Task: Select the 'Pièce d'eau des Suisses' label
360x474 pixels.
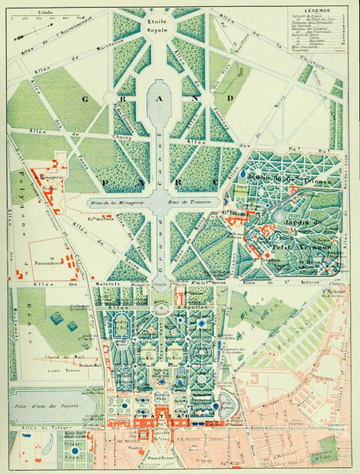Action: pyautogui.click(x=47, y=401)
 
